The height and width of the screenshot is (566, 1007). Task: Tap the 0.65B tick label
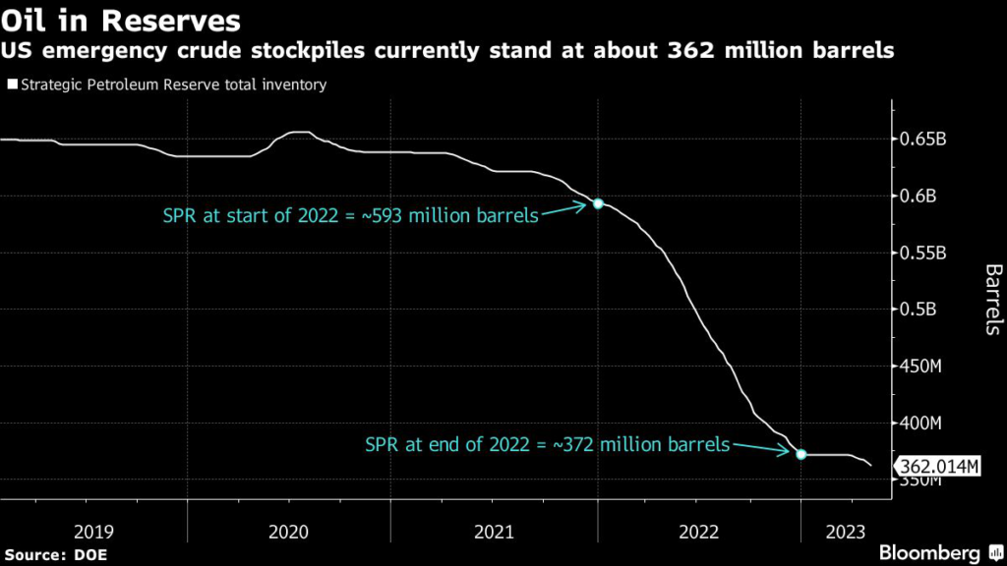[925, 140]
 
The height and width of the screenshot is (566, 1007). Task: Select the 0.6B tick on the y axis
[920, 197]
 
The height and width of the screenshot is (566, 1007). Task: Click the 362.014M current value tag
[936, 467]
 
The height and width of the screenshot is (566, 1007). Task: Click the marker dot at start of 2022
[597, 204]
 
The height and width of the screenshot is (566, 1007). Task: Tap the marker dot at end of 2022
[800, 454]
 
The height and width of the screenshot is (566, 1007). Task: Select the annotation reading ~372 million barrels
[548, 444]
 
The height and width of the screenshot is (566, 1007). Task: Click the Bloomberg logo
[929, 553]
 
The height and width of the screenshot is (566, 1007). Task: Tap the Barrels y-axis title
[992, 300]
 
